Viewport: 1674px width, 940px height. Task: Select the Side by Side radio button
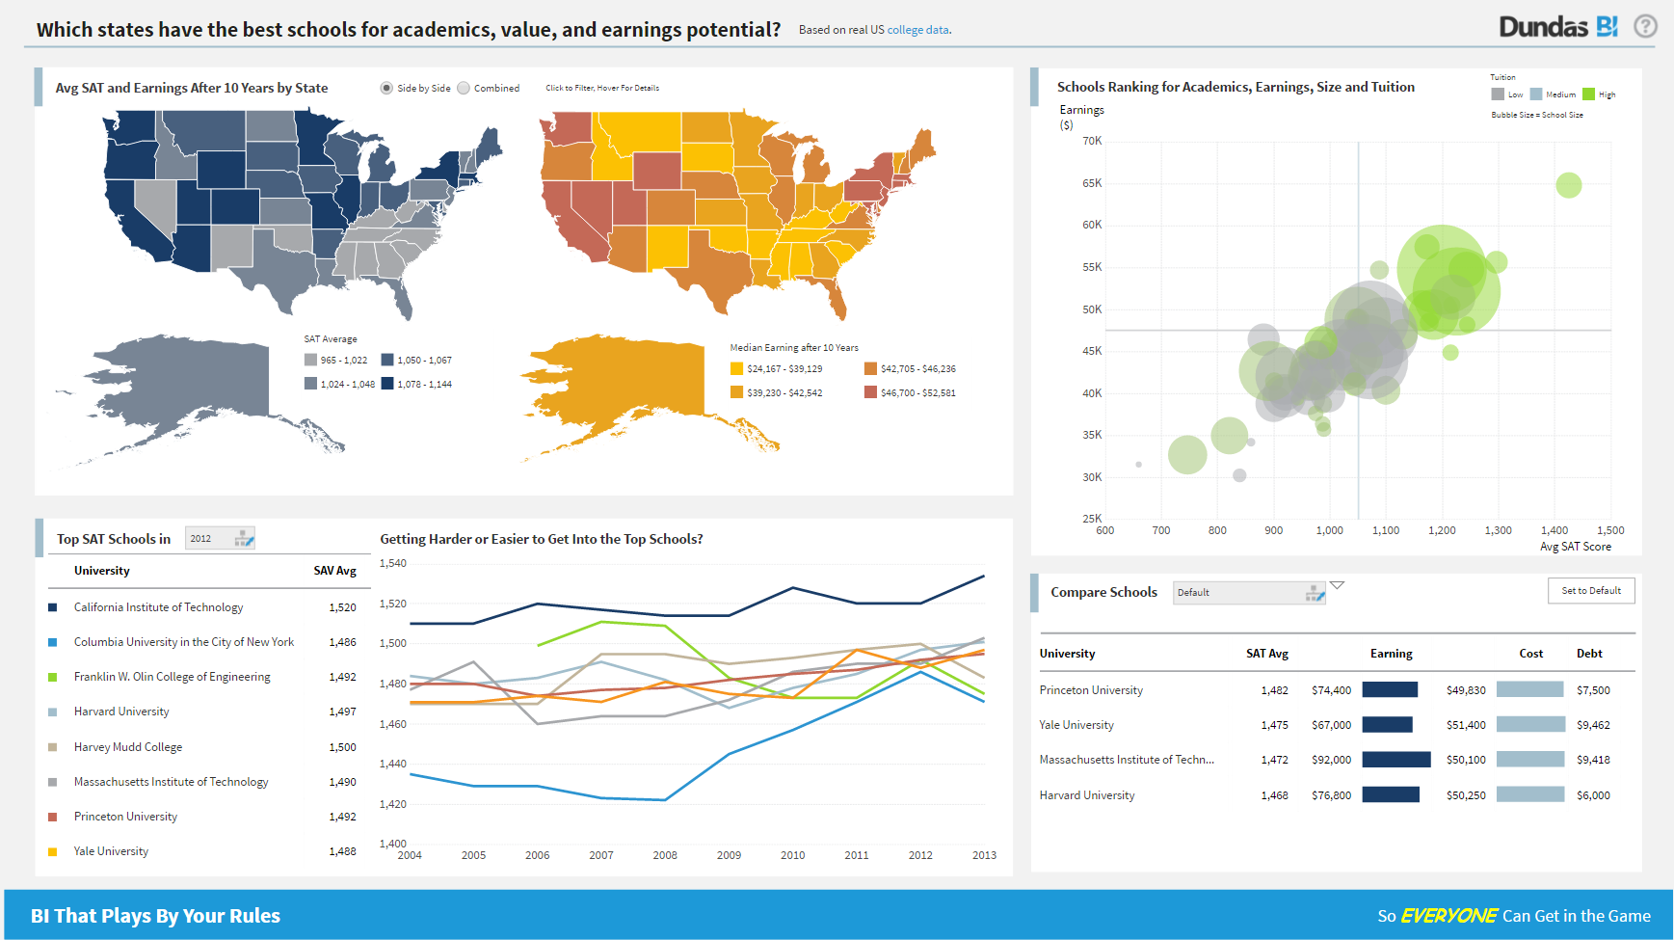click(x=386, y=88)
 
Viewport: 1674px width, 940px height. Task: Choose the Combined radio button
click(x=464, y=88)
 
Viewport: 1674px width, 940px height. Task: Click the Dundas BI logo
click(x=1557, y=27)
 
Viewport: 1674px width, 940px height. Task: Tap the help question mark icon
click(x=1645, y=27)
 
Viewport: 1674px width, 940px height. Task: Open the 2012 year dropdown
click(x=221, y=539)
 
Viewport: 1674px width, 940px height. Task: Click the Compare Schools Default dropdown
click(x=1249, y=593)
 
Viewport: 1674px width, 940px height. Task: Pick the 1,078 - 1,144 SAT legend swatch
click(x=387, y=384)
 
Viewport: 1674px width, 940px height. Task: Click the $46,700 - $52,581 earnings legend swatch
click(x=871, y=392)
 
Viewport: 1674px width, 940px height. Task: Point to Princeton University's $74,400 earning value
click(x=1331, y=690)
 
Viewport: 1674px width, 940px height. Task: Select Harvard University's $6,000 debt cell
click(x=1593, y=795)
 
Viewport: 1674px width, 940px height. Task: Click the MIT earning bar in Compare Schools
click(x=1396, y=760)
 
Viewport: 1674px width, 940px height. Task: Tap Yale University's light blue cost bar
click(x=1530, y=725)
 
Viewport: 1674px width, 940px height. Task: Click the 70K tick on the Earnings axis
click(x=1092, y=141)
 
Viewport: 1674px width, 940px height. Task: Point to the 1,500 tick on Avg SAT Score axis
click(x=1610, y=530)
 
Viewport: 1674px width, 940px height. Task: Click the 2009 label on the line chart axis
click(x=729, y=855)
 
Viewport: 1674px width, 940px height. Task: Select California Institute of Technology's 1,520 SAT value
click(x=342, y=607)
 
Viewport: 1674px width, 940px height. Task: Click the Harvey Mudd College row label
click(x=128, y=747)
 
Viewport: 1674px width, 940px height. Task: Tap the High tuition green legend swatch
click(x=1589, y=94)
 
